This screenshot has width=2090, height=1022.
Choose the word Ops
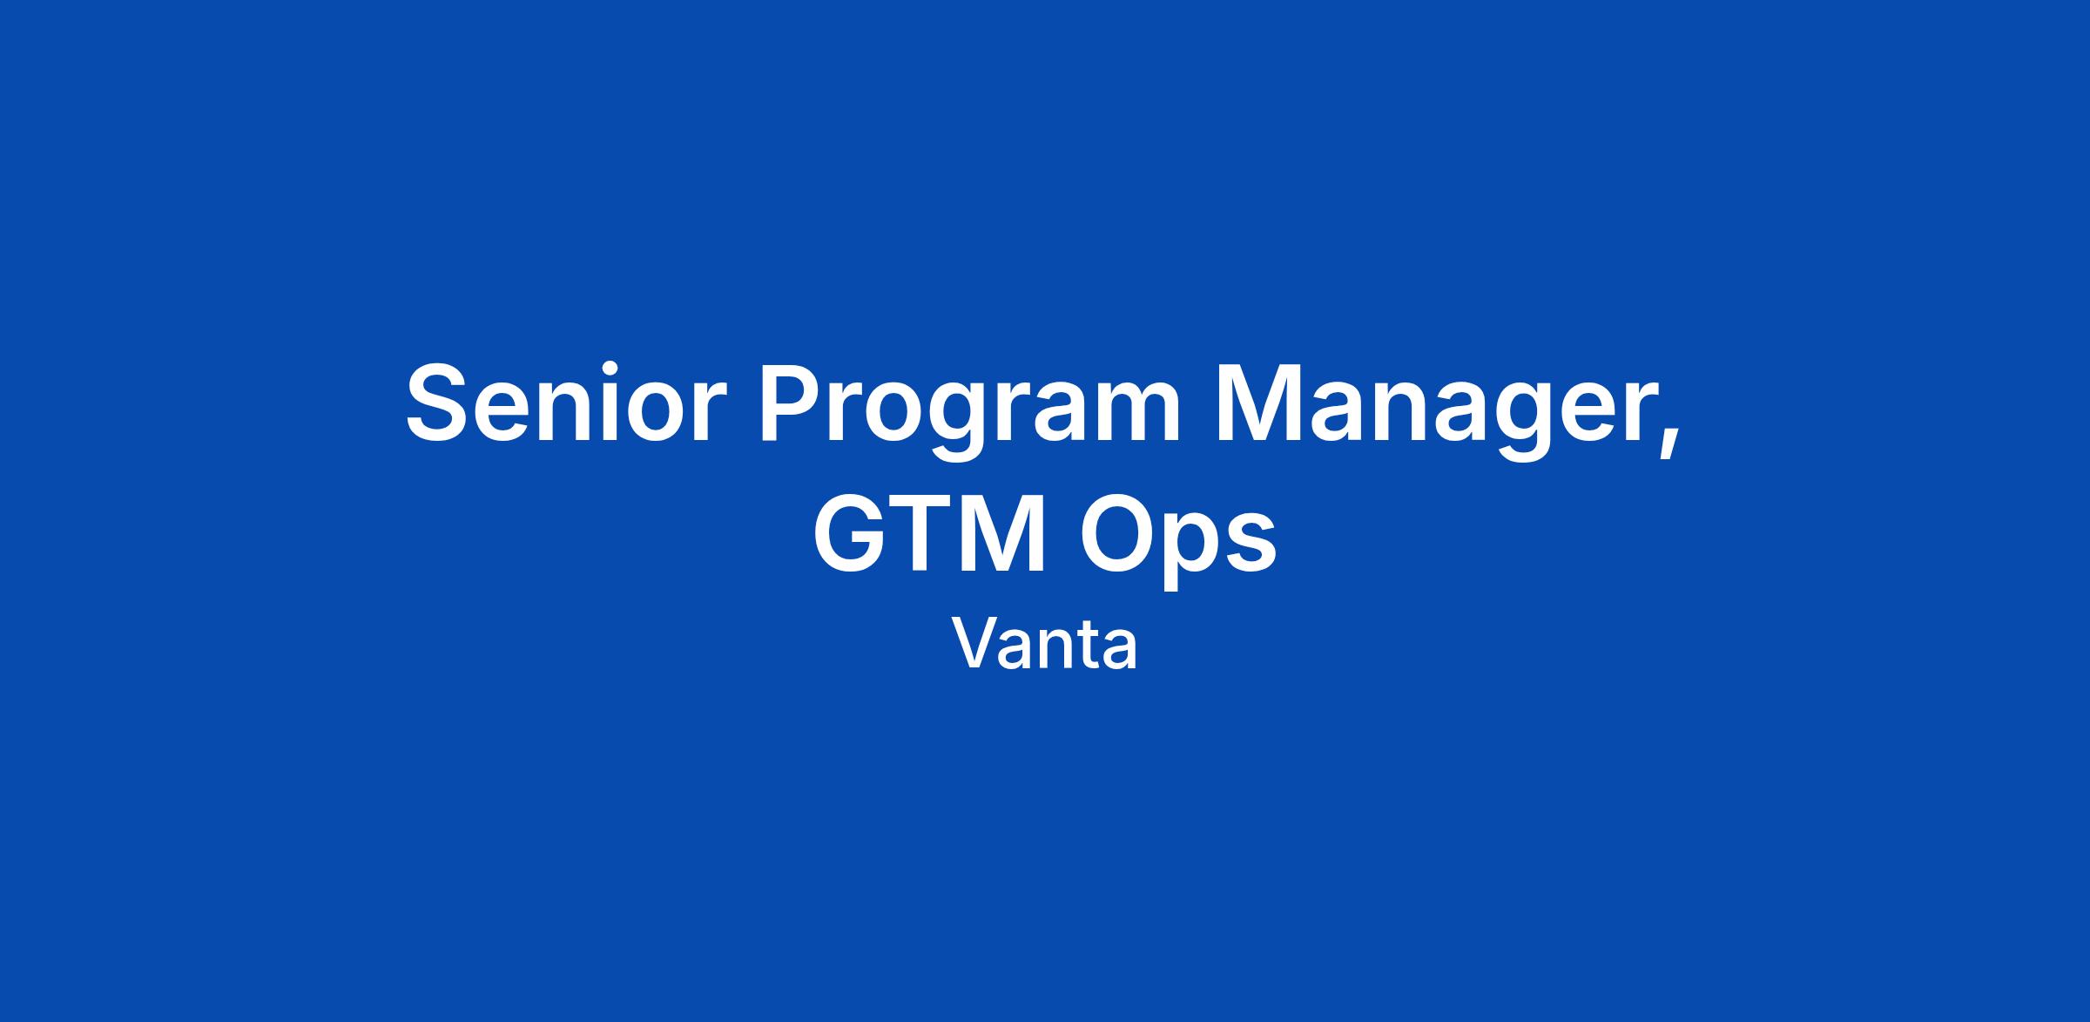pyautogui.click(x=1178, y=540)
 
